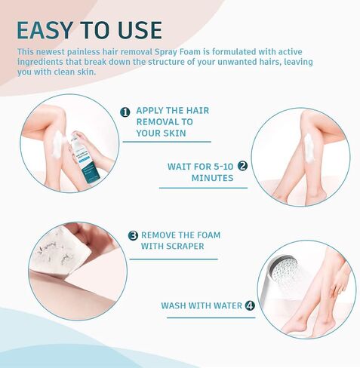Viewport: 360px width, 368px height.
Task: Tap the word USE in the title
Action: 140,30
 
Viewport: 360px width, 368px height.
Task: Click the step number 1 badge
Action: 125,112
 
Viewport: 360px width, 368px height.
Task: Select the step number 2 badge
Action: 242,166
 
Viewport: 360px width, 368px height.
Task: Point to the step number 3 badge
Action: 133,235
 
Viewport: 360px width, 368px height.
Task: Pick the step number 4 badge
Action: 250,305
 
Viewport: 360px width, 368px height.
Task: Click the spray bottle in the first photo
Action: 85,156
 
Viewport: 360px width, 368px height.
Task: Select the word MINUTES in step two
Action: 212,178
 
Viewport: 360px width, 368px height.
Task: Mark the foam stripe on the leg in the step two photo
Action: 309,148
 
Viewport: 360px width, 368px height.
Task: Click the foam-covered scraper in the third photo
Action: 60,251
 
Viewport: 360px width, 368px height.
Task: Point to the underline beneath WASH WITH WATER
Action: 211,317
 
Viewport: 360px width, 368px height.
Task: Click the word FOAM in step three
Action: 208,235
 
